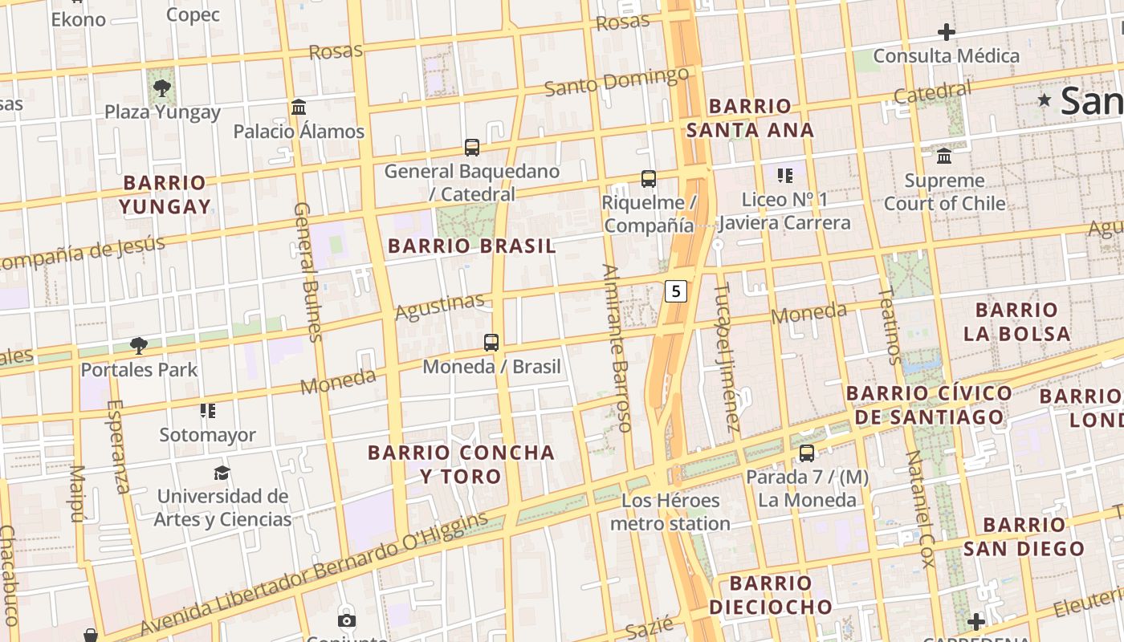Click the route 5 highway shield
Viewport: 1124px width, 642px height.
(676, 291)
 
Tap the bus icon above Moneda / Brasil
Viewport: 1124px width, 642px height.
(491, 343)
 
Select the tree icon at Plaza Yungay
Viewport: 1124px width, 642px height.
(162, 87)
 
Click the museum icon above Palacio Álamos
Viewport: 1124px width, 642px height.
(299, 108)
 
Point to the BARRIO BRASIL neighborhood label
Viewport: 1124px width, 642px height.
(471, 246)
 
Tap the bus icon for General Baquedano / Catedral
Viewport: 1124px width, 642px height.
(472, 148)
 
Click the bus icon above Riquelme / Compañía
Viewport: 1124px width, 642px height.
(649, 179)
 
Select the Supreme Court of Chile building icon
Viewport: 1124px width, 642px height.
(944, 156)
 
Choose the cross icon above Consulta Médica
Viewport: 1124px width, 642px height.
(947, 33)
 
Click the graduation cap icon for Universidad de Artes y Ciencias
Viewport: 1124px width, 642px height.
(222, 473)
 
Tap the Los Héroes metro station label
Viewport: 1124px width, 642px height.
(670, 512)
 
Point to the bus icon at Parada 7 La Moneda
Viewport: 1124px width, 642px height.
(807, 453)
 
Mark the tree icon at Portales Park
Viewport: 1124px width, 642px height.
(139, 346)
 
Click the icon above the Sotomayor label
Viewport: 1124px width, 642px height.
(208, 412)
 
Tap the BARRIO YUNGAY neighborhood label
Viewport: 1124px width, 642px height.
(165, 194)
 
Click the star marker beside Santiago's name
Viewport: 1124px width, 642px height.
(1045, 100)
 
